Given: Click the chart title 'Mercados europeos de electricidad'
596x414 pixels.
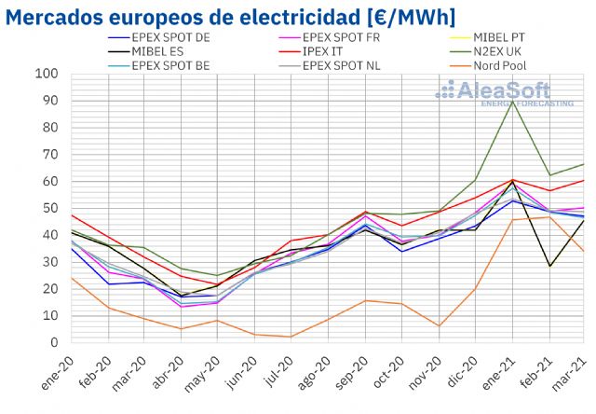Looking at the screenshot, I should point(233,16).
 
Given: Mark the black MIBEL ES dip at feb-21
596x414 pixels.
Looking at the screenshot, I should point(549,266).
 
